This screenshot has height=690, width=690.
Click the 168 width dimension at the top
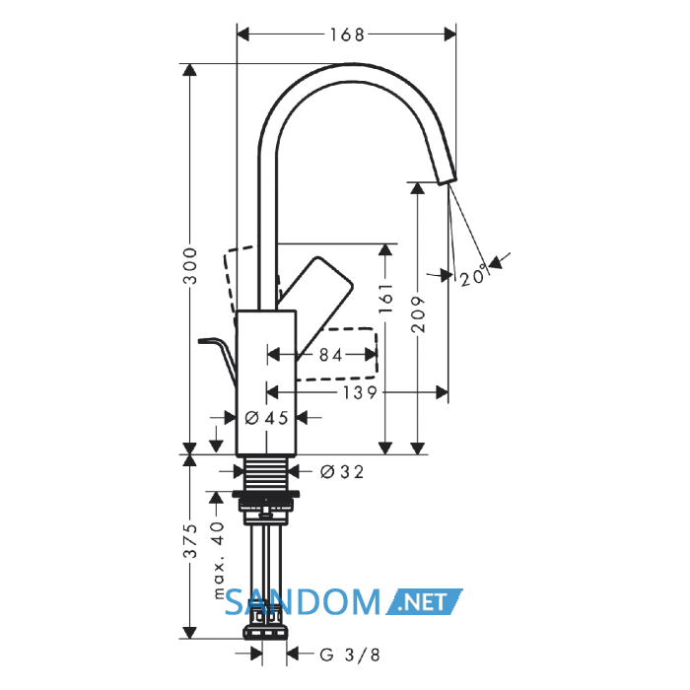(347, 34)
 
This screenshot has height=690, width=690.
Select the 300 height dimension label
(190, 266)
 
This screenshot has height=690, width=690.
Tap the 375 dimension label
(190, 541)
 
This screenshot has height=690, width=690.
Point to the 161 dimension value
(385, 299)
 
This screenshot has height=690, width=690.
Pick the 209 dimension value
(418, 314)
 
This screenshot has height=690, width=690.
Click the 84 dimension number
(330, 355)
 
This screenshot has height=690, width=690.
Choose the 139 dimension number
(360, 392)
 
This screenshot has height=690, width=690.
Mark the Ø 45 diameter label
(267, 418)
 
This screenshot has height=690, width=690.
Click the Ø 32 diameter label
(342, 472)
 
